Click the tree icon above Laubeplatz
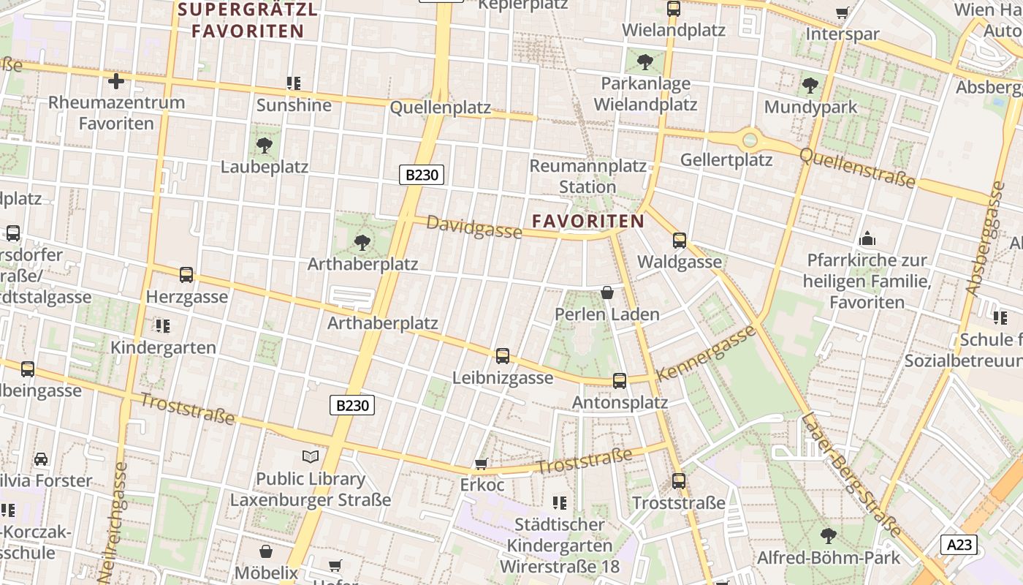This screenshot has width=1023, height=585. coord(265,146)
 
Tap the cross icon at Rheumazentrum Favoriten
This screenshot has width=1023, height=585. coord(115,80)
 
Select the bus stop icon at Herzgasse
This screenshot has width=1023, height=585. coord(186,275)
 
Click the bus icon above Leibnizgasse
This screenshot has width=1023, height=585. coord(503,356)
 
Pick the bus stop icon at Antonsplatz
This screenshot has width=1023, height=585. coord(620,380)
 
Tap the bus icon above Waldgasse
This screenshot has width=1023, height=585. coord(680,240)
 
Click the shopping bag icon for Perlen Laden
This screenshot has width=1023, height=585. coord(606,292)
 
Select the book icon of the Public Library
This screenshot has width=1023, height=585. coord(311,457)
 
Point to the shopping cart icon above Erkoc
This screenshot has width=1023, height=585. coord(481,464)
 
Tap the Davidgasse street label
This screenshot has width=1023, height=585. coord(474,227)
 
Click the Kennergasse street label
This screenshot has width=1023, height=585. coord(706,353)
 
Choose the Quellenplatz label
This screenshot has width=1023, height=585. coord(441,107)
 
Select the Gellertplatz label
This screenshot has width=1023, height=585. coord(726,159)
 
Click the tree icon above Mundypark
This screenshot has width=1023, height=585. coord(810,86)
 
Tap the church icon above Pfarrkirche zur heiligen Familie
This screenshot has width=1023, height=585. coord(867,238)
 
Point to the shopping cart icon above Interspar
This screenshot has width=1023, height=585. coord(843,12)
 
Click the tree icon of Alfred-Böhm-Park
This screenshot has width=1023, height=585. coord(829,535)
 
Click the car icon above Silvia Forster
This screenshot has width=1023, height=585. coord(41,459)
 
